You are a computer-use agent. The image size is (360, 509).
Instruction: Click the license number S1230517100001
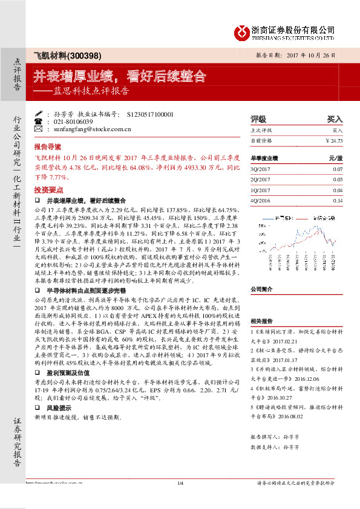151,114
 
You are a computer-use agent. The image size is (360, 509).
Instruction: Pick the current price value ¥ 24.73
333,140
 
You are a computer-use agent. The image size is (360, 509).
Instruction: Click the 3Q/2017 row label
260,170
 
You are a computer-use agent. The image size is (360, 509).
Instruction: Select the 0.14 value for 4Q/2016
337,200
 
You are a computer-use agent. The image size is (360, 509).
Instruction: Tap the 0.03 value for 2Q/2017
337,180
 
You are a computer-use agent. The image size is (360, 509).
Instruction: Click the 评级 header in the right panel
258,120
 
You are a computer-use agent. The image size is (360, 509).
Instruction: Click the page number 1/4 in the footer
180,482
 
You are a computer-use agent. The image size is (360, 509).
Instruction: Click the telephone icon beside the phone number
39,122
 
